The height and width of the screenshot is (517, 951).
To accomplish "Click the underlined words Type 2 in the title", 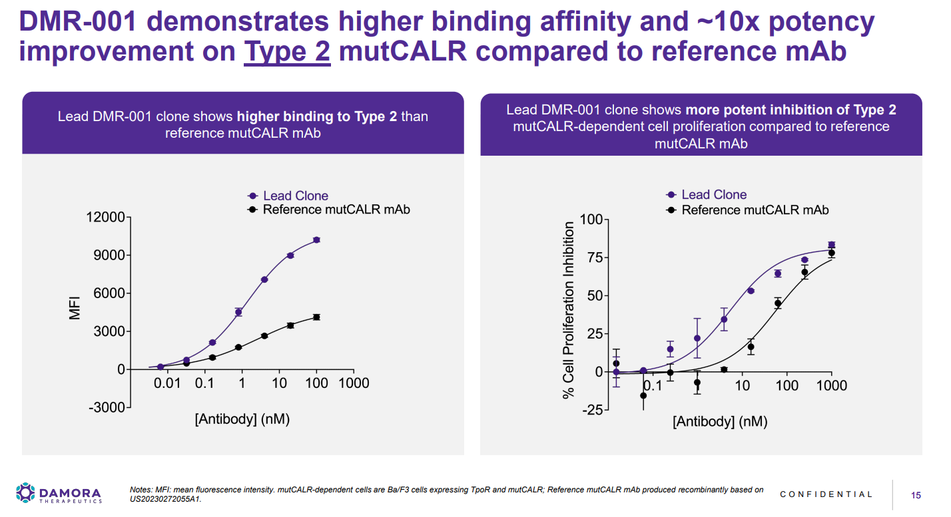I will (287, 51).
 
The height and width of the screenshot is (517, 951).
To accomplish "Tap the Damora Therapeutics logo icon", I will (25, 493).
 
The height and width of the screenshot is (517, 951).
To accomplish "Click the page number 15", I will (916, 495).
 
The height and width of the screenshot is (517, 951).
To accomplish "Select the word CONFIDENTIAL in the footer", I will (826, 494).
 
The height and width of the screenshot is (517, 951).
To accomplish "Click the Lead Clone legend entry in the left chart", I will (295, 196).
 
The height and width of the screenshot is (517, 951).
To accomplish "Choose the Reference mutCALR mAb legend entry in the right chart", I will (755, 210).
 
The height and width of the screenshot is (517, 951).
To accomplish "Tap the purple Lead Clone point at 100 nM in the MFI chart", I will (316, 240).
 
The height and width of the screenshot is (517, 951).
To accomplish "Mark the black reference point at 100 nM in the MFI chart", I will (316, 317).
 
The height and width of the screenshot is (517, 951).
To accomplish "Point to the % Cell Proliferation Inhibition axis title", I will (569, 311).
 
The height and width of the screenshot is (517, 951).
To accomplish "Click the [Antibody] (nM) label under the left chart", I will (242, 420).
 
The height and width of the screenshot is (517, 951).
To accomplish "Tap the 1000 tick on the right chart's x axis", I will (831, 386).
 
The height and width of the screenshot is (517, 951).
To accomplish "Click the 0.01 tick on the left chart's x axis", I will (167, 384).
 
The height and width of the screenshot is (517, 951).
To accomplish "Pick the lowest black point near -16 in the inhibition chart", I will (643, 396).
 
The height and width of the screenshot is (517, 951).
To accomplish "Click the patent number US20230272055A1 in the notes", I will (165, 498).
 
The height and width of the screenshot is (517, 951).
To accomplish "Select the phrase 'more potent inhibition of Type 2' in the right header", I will (791, 110).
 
